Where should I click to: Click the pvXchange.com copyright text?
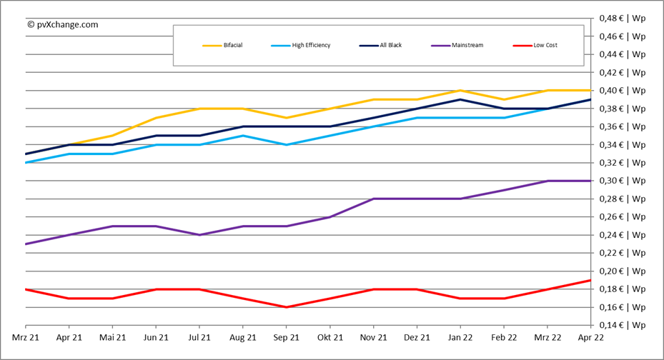[x=62, y=24]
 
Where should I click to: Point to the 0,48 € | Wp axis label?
[x=623, y=18]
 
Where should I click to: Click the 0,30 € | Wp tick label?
[x=623, y=181]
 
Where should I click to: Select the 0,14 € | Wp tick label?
[x=623, y=325]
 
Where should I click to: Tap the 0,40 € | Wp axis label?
[x=623, y=91]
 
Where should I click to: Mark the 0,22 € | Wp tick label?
[x=623, y=253]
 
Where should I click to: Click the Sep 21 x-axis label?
[x=287, y=337]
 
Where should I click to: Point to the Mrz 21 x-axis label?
[x=26, y=337]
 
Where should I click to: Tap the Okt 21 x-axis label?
[x=330, y=337]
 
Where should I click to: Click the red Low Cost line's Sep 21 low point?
[x=287, y=307]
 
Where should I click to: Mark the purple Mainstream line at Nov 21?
[x=374, y=199]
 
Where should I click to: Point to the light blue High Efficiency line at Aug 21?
[x=243, y=136]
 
